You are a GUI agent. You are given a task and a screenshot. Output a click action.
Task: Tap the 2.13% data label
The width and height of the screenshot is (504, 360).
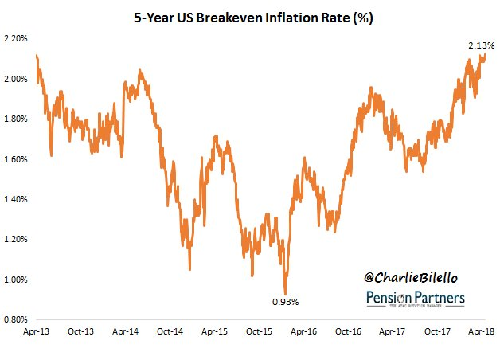point(481,45)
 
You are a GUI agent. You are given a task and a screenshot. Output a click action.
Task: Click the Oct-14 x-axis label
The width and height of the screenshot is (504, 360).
point(173,332)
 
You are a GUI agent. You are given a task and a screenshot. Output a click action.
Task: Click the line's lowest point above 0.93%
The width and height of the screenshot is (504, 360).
point(286,292)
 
